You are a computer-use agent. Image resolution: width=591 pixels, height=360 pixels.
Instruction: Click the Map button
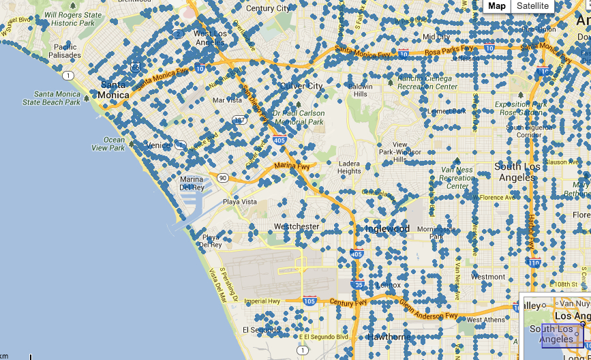[x=497, y=6]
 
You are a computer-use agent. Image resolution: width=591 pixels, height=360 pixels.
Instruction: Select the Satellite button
[x=532, y=6]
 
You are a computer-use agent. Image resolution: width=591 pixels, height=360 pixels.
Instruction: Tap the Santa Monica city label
[x=113, y=90]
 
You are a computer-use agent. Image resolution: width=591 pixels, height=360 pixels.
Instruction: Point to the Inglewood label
[x=387, y=228]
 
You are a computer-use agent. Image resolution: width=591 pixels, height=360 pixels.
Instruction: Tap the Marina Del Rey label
[x=192, y=183]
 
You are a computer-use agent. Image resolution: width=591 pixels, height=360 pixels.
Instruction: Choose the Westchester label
[x=296, y=226]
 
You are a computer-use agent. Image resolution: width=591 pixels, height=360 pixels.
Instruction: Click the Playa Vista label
[x=240, y=202]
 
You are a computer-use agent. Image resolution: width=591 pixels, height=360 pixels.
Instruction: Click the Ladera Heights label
[x=349, y=167]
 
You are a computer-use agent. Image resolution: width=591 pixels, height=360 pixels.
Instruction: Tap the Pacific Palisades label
[x=64, y=50]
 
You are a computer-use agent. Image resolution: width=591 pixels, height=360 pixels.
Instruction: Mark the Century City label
[x=267, y=8]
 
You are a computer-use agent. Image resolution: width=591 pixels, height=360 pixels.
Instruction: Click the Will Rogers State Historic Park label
[x=73, y=18]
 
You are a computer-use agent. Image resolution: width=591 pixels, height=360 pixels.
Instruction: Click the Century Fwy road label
[x=344, y=302]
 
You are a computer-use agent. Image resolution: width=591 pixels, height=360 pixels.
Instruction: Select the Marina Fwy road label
[x=292, y=166]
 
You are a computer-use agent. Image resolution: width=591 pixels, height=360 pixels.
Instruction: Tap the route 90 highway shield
[x=223, y=177]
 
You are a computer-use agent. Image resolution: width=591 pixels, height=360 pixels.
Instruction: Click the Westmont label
[x=488, y=277]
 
